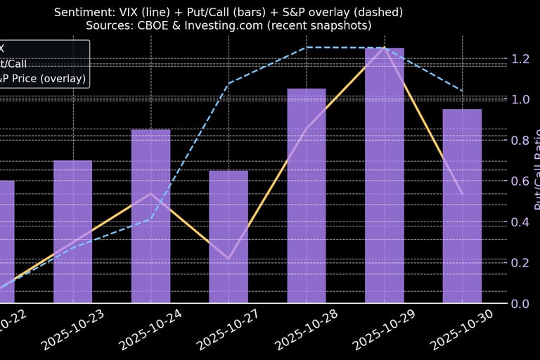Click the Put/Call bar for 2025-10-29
(x=384, y=176)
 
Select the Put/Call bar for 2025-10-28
(x=307, y=196)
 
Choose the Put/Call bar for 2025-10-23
(x=73, y=232)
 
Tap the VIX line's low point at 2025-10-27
(x=229, y=259)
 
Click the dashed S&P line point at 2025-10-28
(x=307, y=47)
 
